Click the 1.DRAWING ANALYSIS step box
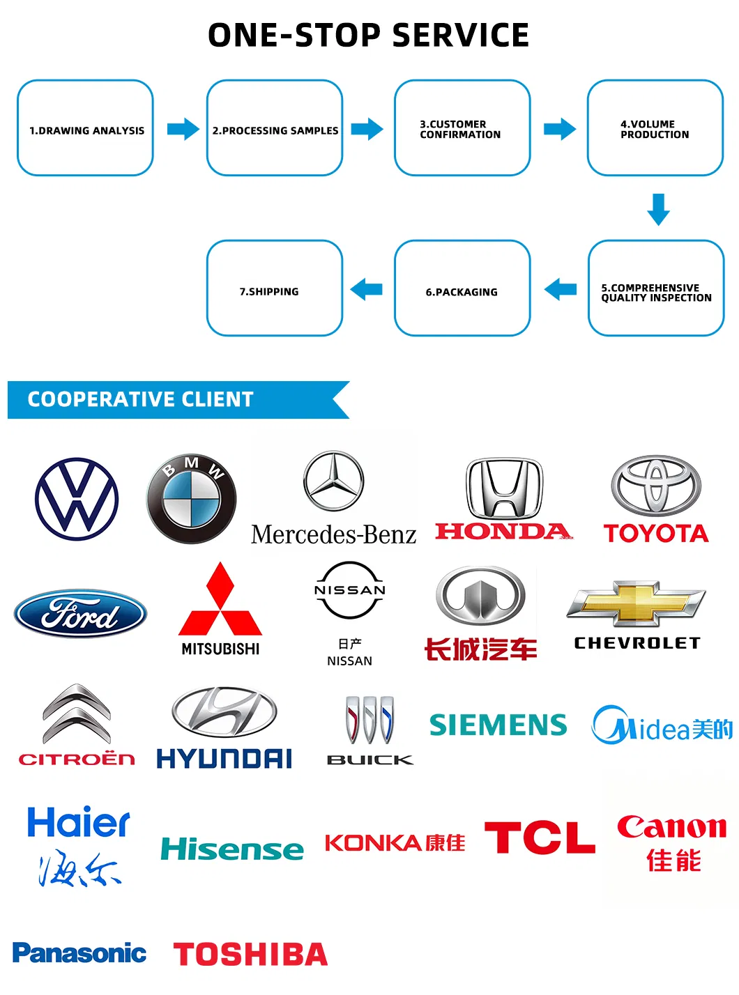(x=85, y=128)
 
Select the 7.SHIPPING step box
(x=275, y=288)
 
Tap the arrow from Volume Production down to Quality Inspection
(x=658, y=209)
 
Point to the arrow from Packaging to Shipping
(x=367, y=288)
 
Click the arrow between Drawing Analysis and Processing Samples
(x=183, y=129)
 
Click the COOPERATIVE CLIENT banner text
(x=140, y=399)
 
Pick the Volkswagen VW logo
(x=77, y=499)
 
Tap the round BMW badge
(x=192, y=499)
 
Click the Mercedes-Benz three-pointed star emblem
(x=333, y=481)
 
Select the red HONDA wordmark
(x=502, y=532)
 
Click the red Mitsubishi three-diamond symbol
(x=220, y=601)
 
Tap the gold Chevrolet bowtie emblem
(x=636, y=603)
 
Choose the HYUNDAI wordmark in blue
(x=224, y=759)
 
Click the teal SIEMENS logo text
(x=498, y=725)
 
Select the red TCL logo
(x=540, y=838)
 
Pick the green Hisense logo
(x=232, y=849)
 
